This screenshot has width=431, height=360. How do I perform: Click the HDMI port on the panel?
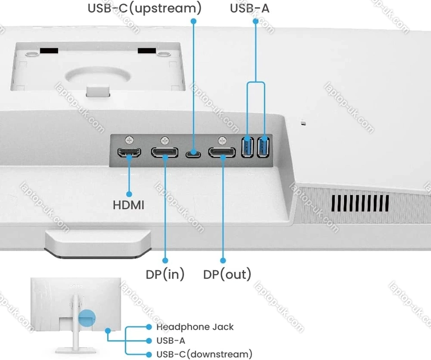click(x=129, y=152)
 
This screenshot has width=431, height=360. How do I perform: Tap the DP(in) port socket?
click(x=165, y=152)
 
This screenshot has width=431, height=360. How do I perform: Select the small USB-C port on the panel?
click(x=194, y=152)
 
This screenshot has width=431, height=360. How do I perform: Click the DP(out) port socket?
click(x=222, y=152)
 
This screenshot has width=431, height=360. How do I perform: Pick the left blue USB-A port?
click(x=249, y=147)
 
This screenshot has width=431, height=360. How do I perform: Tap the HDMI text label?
click(x=129, y=205)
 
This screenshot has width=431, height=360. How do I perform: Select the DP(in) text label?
click(x=165, y=274)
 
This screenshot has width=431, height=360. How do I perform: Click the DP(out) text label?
click(x=227, y=274)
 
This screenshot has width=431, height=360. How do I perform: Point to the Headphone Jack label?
click(x=195, y=327)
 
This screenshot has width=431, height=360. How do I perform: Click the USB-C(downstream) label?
click(x=204, y=354)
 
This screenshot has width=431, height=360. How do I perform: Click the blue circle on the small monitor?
click(x=86, y=318)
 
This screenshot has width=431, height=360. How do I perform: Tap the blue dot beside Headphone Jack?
click(x=149, y=327)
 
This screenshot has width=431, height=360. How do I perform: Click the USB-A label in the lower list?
click(x=171, y=340)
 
